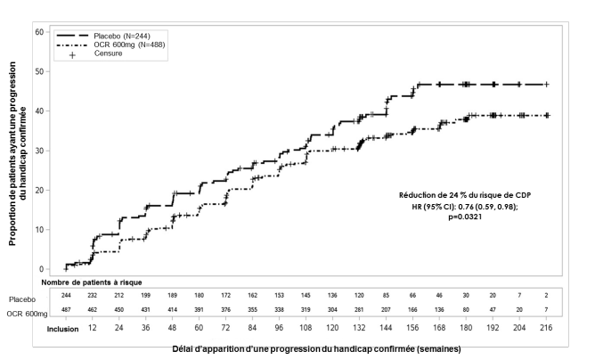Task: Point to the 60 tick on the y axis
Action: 38,32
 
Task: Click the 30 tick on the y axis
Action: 38,151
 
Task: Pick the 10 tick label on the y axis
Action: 38,229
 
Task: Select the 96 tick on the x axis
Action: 279,329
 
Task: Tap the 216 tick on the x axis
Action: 546,329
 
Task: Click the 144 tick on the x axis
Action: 386,329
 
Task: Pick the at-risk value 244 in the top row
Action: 65,296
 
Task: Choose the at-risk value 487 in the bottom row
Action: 65,310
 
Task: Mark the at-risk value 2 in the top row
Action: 546,296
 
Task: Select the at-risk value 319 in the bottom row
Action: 306,310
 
